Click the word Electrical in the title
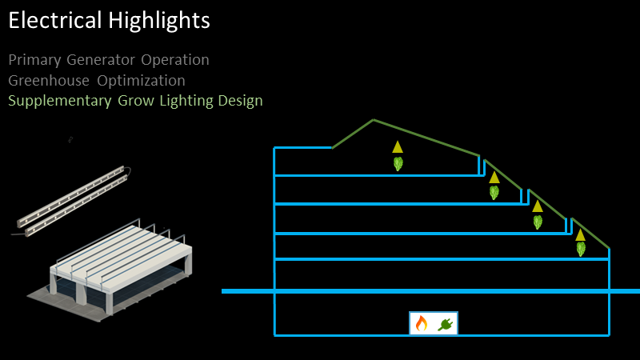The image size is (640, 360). point(54,20)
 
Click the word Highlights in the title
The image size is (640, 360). point(159,22)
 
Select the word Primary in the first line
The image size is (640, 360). point(34,61)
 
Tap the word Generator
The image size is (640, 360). point(101,60)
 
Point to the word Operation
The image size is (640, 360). point(175,61)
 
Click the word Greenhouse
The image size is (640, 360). point(49,81)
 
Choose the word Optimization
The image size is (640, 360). point(141,81)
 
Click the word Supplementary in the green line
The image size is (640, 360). point(59,102)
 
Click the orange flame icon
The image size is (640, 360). point(422,323)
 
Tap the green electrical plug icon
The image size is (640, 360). point(446,325)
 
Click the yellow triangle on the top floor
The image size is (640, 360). point(398,147)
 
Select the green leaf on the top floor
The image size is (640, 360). point(398,164)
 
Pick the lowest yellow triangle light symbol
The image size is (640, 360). point(580,234)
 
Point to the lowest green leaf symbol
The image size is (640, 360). point(581,249)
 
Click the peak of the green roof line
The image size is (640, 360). point(373,119)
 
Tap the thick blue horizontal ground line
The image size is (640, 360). point(430,291)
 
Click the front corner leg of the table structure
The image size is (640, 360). point(109,303)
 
